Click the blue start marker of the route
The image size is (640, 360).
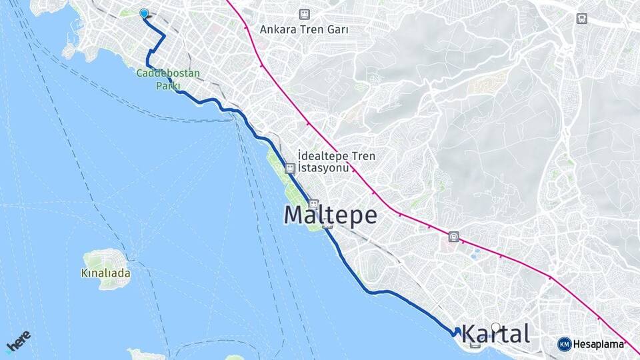tap(144, 13)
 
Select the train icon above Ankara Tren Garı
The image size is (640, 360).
tap(305, 14)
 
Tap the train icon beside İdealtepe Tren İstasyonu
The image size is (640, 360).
tap(290, 169)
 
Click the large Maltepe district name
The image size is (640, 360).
tap(330, 215)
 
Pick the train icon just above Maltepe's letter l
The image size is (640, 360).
tap(314, 204)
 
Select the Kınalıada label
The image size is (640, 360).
tap(105, 273)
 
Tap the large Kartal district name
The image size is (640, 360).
tap(495, 333)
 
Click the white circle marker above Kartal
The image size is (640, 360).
tap(496, 327)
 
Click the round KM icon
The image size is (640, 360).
tap(564, 344)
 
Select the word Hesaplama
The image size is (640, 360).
tap(598, 345)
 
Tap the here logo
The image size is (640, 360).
tap(18, 343)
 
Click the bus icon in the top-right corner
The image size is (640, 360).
tap(583, 19)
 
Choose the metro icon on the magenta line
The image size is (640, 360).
tap(454, 236)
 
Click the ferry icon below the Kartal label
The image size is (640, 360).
tap(475, 345)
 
